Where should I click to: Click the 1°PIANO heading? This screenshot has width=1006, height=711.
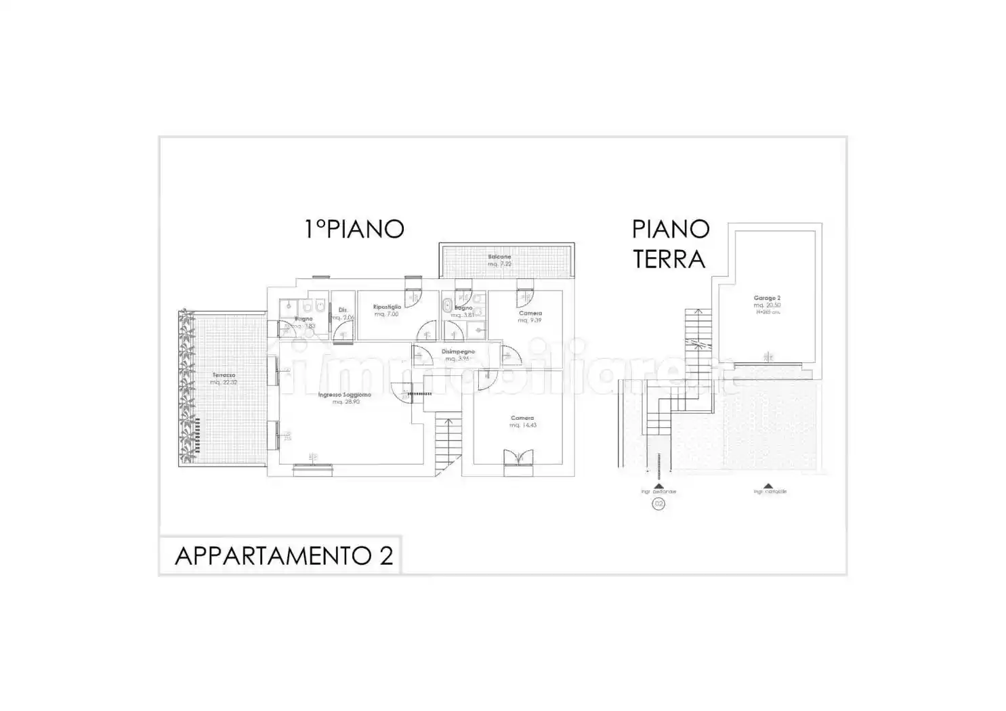(354, 229)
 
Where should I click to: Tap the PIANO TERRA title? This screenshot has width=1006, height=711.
(670, 244)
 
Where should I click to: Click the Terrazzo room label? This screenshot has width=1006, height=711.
(224, 375)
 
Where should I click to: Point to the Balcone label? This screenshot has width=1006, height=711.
(500, 257)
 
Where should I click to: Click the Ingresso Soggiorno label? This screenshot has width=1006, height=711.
(344, 395)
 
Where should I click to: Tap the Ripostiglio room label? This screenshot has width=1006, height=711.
(387, 307)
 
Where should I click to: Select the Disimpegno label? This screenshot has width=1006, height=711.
(459, 351)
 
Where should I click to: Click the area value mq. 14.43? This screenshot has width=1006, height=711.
(523, 425)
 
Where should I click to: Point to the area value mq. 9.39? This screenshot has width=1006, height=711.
(530, 320)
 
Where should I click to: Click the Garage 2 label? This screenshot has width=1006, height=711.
(767, 298)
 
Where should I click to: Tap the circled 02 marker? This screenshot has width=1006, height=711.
(658, 504)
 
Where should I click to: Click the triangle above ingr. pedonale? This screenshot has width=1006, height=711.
(658, 486)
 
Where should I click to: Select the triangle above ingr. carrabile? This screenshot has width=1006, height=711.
(769, 486)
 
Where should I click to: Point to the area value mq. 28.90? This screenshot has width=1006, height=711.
(345, 402)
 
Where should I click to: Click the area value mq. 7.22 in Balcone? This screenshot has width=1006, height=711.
(500, 264)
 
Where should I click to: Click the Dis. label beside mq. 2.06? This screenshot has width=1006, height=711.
(343, 310)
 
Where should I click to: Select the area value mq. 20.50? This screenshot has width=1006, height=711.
(767, 305)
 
